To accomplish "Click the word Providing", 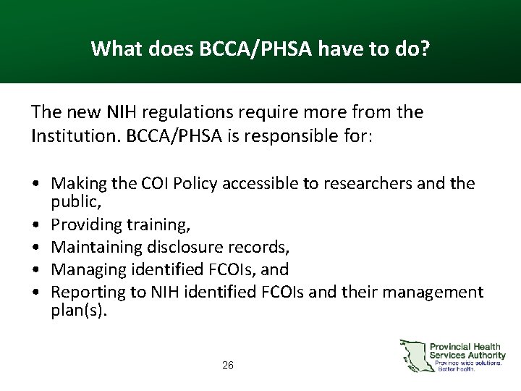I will click(86, 224).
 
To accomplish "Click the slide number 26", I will click(228, 366).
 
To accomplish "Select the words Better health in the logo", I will click(457, 369).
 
